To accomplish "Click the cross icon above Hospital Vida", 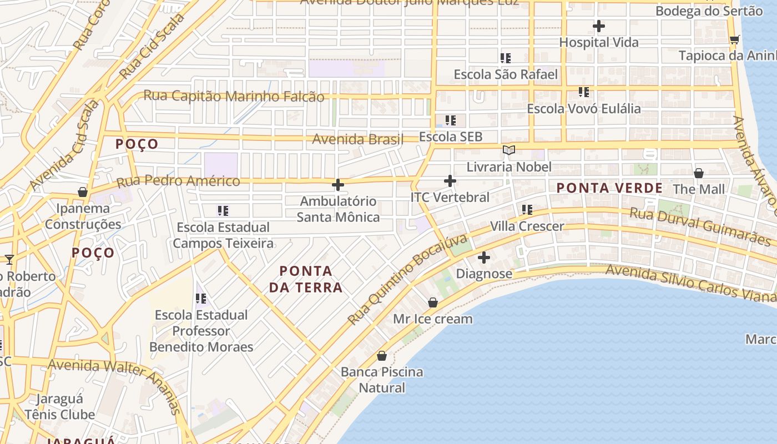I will pyautogui.click(x=598, y=26).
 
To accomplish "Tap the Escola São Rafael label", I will pyautogui.click(x=506, y=74).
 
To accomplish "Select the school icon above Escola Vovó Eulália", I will pyautogui.click(x=583, y=92).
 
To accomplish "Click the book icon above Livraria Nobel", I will pyautogui.click(x=508, y=150).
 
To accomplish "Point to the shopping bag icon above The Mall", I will pyautogui.click(x=699, y=173).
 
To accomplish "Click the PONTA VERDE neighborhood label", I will pyautogui.click(x=609, y=188).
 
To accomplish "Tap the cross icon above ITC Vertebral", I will pyautogui.click(x=450, y=181).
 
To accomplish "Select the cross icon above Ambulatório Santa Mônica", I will pyautogui.click(x=337, y=185).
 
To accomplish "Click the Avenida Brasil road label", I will pyautogui.click(x=357, y=139).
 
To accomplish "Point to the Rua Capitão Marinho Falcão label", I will pyautogui.click(x=234, y=96).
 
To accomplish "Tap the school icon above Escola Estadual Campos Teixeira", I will pyautogui.click(x=223, y=211).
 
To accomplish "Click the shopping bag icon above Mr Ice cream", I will pyautogui.click(x=433, y=302).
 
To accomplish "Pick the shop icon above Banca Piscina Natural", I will pyautogui.click(x=382, y=356).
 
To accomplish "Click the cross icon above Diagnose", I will pyautogui.click(x=484, y=258).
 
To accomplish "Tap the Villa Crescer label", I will pyautogui.click(x=527, y=226).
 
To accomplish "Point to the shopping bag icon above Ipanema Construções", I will pyautogui.click(x=83, y=192).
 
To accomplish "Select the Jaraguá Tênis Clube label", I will pyautogui.click(x=59, y=407).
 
